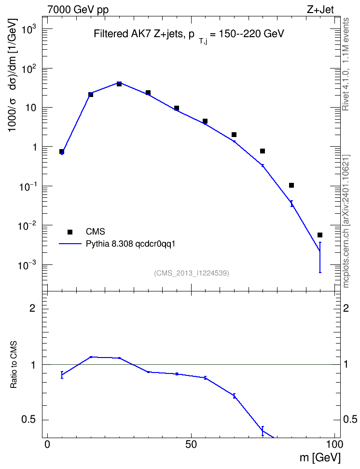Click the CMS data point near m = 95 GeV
tap(320, 235)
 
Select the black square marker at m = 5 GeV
tap(62, 152)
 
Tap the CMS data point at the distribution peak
tap(119, 84)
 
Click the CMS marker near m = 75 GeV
tap(263, 151)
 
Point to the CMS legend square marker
tap(70, 232)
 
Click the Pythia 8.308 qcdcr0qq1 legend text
tap(130, 244)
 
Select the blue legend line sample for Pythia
tap(70, 244)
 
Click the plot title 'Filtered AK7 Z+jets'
tap(138, 34)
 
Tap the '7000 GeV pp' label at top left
tap(78, 10)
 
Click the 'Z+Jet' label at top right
tap(320, 10)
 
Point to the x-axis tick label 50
tap(191, 444)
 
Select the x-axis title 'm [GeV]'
tap(320, 458)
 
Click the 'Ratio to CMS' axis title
tap(14, 365)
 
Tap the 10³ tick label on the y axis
tap(28, 29)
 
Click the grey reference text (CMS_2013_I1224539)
tap(192, 273)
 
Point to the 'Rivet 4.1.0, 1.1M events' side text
tap(346, 64)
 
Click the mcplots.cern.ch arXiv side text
tap(346, 221)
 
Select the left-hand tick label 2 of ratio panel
tap(32, 308)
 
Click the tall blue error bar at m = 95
tap(320, 257)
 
